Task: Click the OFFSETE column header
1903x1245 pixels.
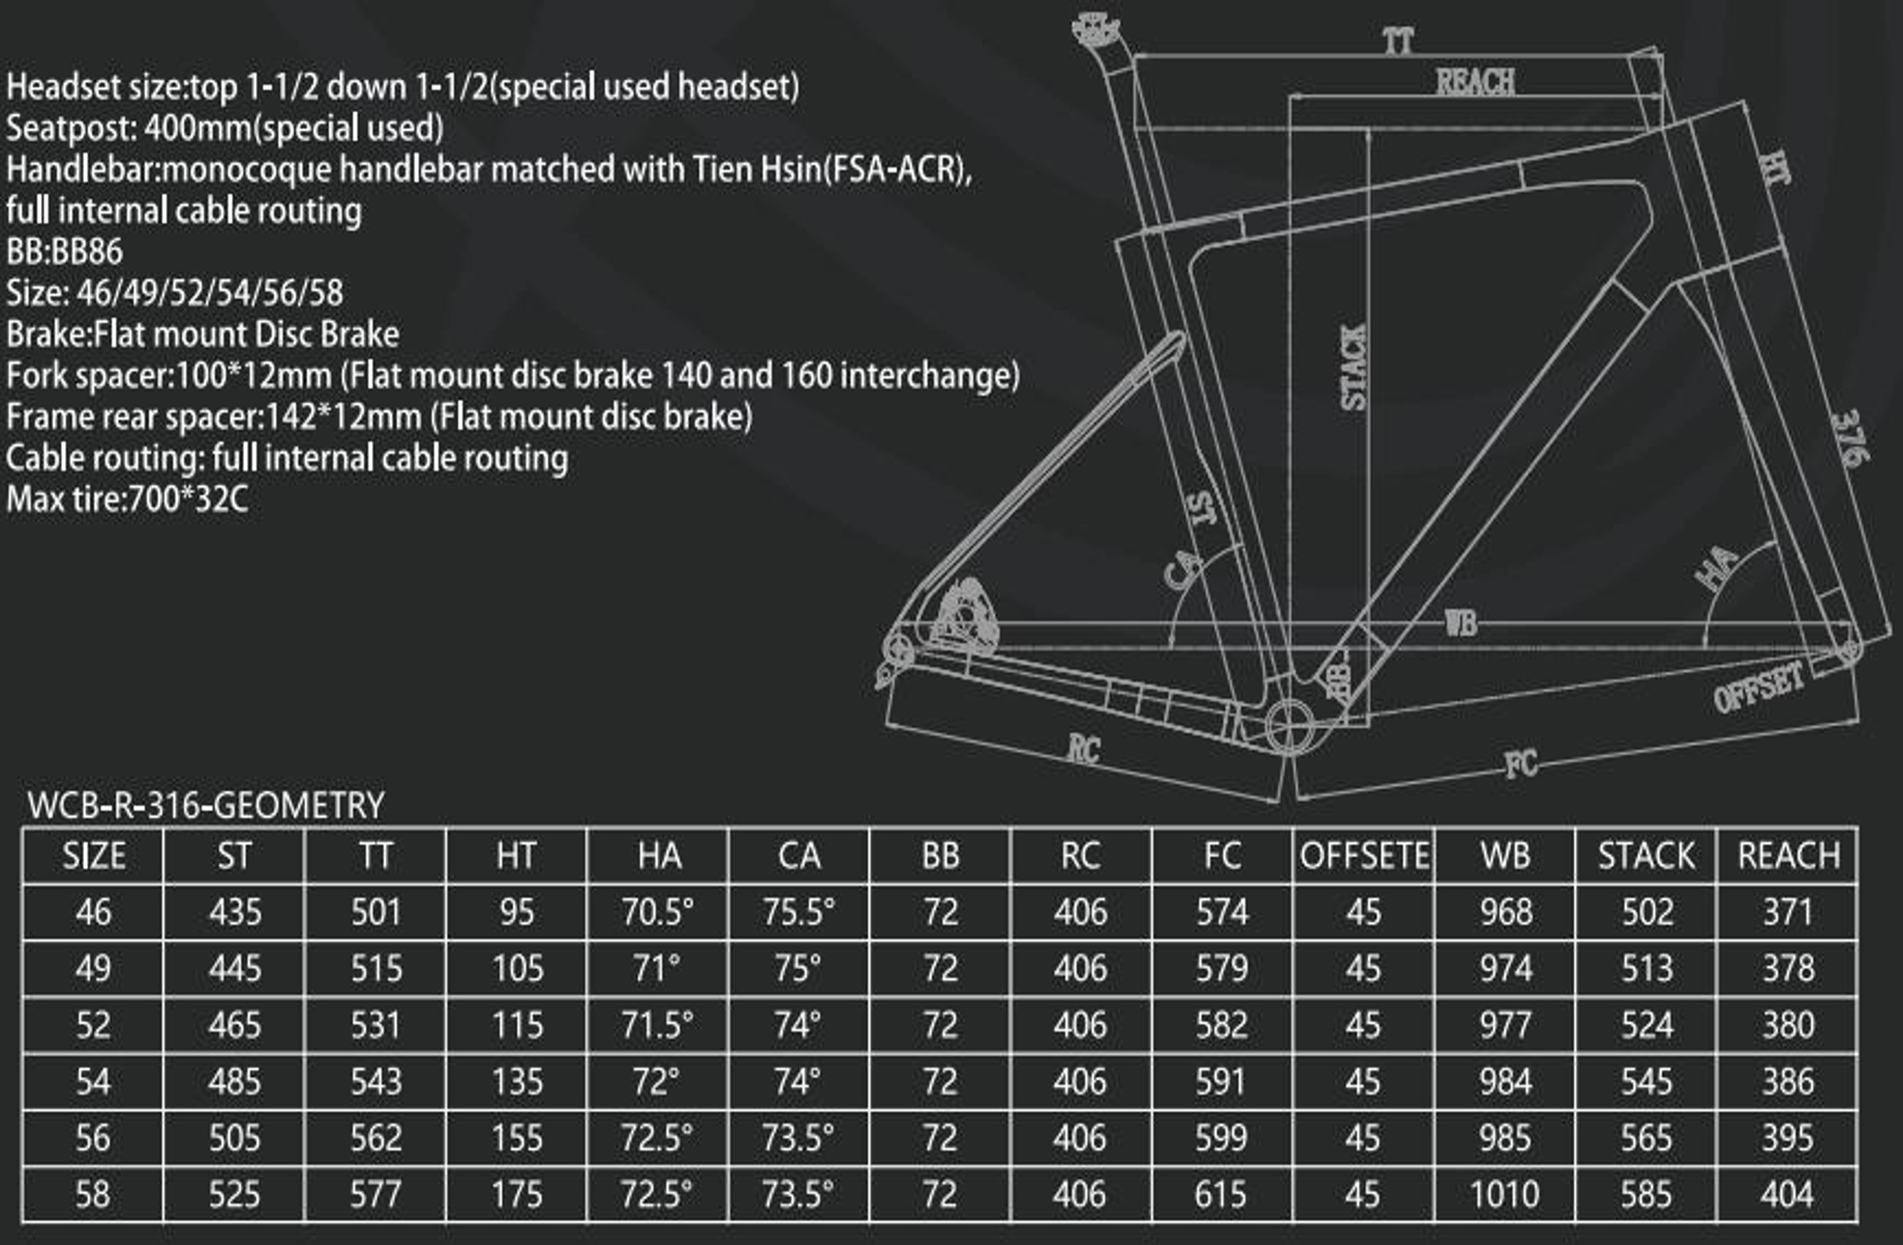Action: pos(1364,856)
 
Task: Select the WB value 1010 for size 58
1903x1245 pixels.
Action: pos(1505,1195)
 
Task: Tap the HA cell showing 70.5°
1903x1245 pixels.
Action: pos(658,911)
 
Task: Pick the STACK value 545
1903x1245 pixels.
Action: pos(1646,1082)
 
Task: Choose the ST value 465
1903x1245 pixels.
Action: pos(234,1025)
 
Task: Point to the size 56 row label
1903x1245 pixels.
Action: pos(93,1138)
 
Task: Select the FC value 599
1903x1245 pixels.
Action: pos(1221,1138)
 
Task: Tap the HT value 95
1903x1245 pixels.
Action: pos(516,911)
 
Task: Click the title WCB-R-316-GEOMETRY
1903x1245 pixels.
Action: pos(205,804)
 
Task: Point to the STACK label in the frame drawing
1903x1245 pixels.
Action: pos(1353,367)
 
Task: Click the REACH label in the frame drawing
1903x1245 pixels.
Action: pos(1475,83)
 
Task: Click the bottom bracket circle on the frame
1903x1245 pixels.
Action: pos(1289,726)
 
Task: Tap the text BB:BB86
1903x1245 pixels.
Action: pos(64,252)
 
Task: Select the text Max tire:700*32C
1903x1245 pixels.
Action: pos(127,499)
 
